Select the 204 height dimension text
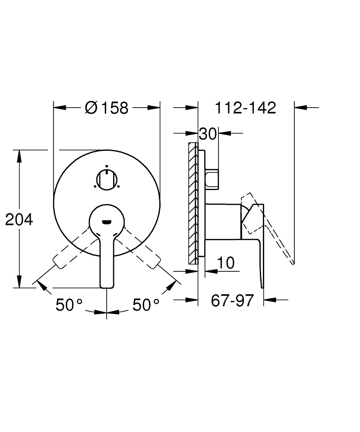[19, 219]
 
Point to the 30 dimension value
[207, 133]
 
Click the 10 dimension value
[225, 263]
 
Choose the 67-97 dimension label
[232, 300]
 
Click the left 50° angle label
[69, 305]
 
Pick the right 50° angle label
[145, 305]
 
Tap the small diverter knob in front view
[106, 179]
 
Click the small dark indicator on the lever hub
[106, 222]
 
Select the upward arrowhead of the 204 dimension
[19, 156]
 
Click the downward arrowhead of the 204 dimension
[19, 282]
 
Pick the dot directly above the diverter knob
[106, 166]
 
